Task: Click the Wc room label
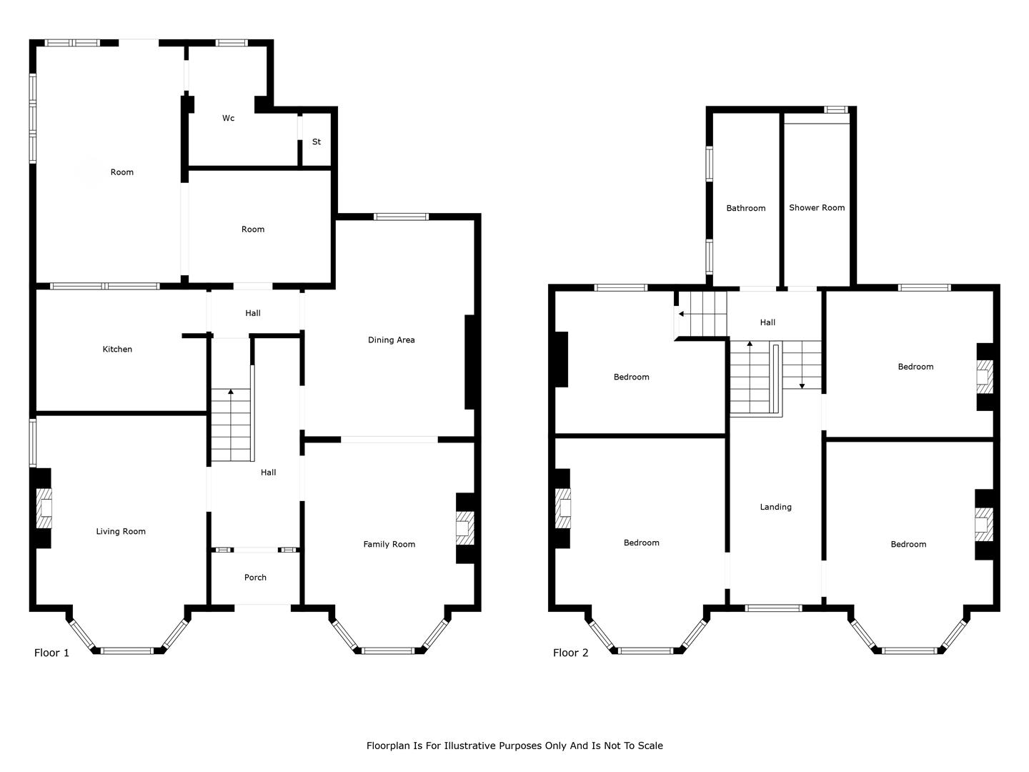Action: click(228, 118)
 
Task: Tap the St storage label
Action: click(317, 142)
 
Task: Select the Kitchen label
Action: click(117, 350)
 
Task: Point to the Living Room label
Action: click(121, 532)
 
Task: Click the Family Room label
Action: click(389, 544)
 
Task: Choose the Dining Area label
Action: click(392, 340)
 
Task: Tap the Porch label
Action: click(255, 578)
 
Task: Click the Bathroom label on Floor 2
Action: click(746, 208)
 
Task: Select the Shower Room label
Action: click(817, 207)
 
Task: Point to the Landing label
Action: click(776, 507)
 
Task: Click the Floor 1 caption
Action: click(51, 653)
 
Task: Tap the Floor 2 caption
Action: click(570, 653)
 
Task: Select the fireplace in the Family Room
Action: click(465, 528)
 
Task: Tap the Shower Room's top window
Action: click(836, 109)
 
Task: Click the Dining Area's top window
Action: click(401, 217)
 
